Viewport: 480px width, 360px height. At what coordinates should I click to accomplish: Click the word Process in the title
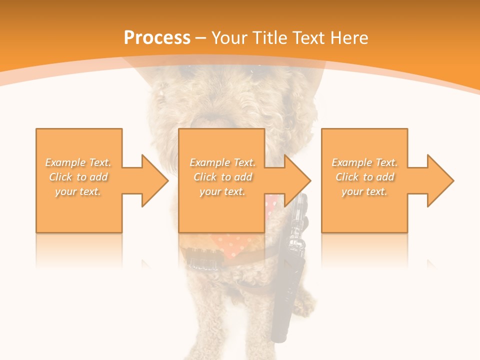(157, 38)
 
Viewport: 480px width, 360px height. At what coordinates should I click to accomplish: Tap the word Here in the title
(350, 38)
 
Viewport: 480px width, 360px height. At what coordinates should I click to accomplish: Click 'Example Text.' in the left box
(78, 162)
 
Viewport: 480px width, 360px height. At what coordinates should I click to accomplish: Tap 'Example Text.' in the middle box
(222, 162)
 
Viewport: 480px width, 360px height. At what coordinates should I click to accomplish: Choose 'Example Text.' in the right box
(364, 162)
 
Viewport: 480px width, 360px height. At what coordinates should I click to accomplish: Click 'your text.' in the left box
(78, 191)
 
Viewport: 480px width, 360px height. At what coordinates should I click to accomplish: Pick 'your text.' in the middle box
(222, 191)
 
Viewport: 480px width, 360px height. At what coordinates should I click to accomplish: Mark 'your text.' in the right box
(364, 191)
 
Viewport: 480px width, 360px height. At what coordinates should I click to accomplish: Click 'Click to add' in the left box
(78, 177)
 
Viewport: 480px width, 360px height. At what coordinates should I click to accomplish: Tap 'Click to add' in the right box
(364, 177)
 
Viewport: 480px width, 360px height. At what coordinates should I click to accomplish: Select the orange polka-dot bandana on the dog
(235, 245)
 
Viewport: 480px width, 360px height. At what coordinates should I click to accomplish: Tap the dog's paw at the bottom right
(305, 300)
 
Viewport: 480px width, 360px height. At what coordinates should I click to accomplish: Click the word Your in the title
(231, 38)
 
